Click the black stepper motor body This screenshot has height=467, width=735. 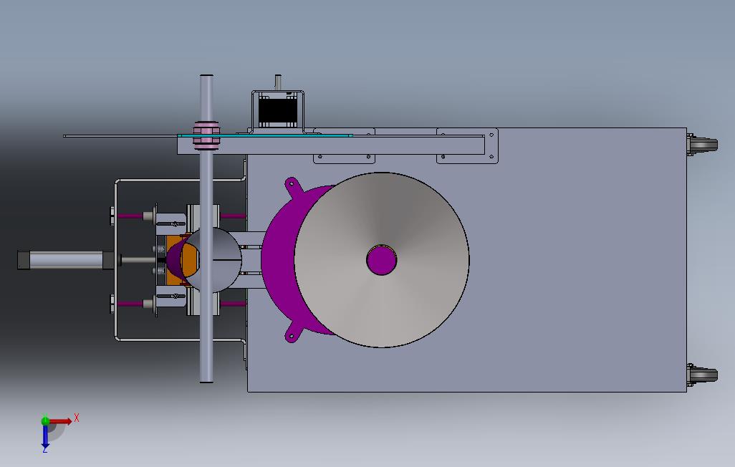pyautogui.click(x=278, y=110)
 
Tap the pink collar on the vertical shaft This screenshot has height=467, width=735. pyautogui.click(x=206, y=135)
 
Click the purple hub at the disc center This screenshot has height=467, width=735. pyautogui.click(x=382, y=260)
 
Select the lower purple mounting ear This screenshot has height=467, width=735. pyautogui.click(x=292, y=335)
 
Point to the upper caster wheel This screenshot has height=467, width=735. pyautogui.click(x=703, y=145)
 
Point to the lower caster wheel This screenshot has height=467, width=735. pyautogui.click(x=703, y=375)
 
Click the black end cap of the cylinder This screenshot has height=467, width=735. pyautogui.click(x=22, y=260)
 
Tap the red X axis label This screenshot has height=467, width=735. pyautogui.click(x=77, y=418)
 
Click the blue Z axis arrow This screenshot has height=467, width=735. pyautogui.click(x=45, y=437)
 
